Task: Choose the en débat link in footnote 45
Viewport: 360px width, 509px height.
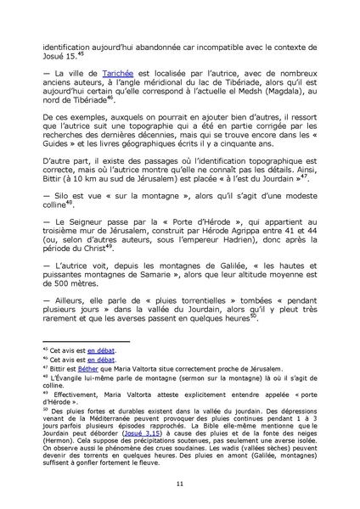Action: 101,349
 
